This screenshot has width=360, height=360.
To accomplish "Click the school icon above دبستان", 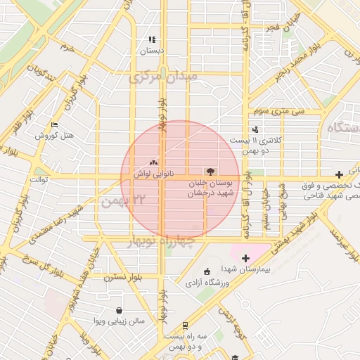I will click(150, 39).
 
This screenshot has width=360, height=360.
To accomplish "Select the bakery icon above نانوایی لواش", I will click(154, 162).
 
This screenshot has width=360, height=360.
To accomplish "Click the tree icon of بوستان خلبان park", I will click(210, 171).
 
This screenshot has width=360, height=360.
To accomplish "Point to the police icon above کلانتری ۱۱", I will click(255, 129).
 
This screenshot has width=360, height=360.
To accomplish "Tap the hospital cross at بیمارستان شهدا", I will click(245, 258).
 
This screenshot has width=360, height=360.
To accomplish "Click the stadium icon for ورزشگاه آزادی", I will click(207, 272).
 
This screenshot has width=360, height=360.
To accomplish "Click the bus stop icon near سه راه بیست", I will click(184, 326).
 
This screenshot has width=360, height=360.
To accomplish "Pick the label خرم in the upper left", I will click(67, 47).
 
